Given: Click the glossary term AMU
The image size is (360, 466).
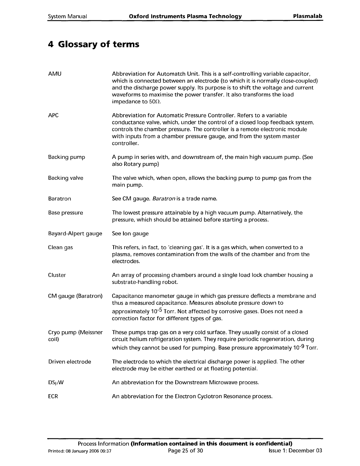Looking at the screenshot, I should (x=55, y=74).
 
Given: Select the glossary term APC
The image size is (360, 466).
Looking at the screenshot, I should (x=53, y=115).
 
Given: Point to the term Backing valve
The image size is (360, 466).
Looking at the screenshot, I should (x=66, y=178).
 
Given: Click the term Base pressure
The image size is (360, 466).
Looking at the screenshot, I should (x=65, y=213).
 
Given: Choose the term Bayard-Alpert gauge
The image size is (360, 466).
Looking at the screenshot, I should (x=75, y=234).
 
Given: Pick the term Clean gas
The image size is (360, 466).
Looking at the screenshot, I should (x=60, y=247).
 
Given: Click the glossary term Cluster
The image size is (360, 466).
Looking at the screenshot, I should (x=57, y=275).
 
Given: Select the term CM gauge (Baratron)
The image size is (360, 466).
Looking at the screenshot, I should (x=75, y=296).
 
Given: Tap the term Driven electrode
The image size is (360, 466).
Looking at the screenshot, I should (x=69, y=362).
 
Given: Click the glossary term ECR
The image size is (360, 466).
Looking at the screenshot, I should (x=53, y=396).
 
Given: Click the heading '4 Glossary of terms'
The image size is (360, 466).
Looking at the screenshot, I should (x=94, y=44).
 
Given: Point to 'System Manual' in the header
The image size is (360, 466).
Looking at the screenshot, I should (x=67, y=16).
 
